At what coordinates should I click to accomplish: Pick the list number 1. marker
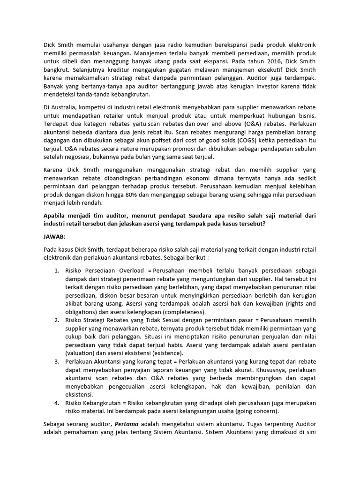(56, 271)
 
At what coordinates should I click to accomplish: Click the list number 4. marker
(56, 403)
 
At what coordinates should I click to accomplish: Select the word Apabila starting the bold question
(56, 215)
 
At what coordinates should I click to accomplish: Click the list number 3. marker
(56, 362)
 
